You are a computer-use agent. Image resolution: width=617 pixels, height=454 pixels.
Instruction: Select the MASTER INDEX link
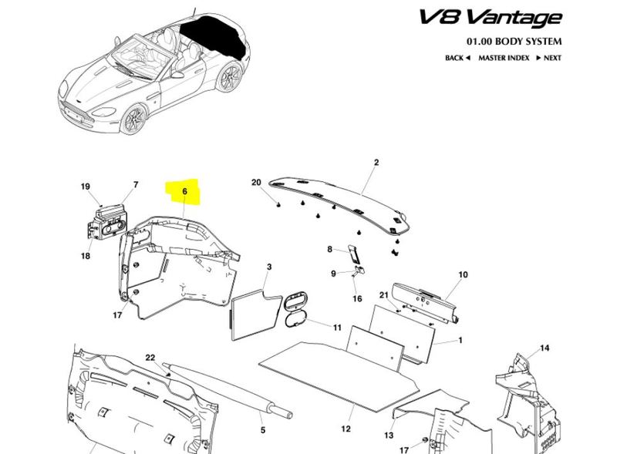[x=503, y=58]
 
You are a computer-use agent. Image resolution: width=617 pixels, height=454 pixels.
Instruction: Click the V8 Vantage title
[x=491, y=16]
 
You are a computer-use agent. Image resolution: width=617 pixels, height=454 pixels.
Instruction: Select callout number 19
[x=86, y=186]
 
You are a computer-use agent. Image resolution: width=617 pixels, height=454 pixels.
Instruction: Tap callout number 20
[x=257, y=183]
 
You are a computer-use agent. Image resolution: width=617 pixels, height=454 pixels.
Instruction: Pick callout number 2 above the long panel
[x=376, y=163]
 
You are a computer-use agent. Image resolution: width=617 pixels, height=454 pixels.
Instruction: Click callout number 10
[x=463, y=274]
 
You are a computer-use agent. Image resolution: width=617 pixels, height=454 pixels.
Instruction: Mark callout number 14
[x=545, y=348]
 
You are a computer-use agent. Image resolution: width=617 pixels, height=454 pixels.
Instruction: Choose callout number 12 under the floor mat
[x=346, y=428]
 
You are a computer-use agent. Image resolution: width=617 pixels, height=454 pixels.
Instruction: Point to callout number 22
[x=150, y=357]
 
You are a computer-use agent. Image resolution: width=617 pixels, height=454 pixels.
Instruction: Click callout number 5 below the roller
[x=262, y=430]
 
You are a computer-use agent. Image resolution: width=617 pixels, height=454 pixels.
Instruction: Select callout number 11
[x=337, y=328]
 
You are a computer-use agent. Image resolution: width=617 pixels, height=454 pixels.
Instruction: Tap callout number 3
[x=268, y=267]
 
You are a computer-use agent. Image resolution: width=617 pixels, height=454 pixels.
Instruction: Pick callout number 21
[x=383, y=296]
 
